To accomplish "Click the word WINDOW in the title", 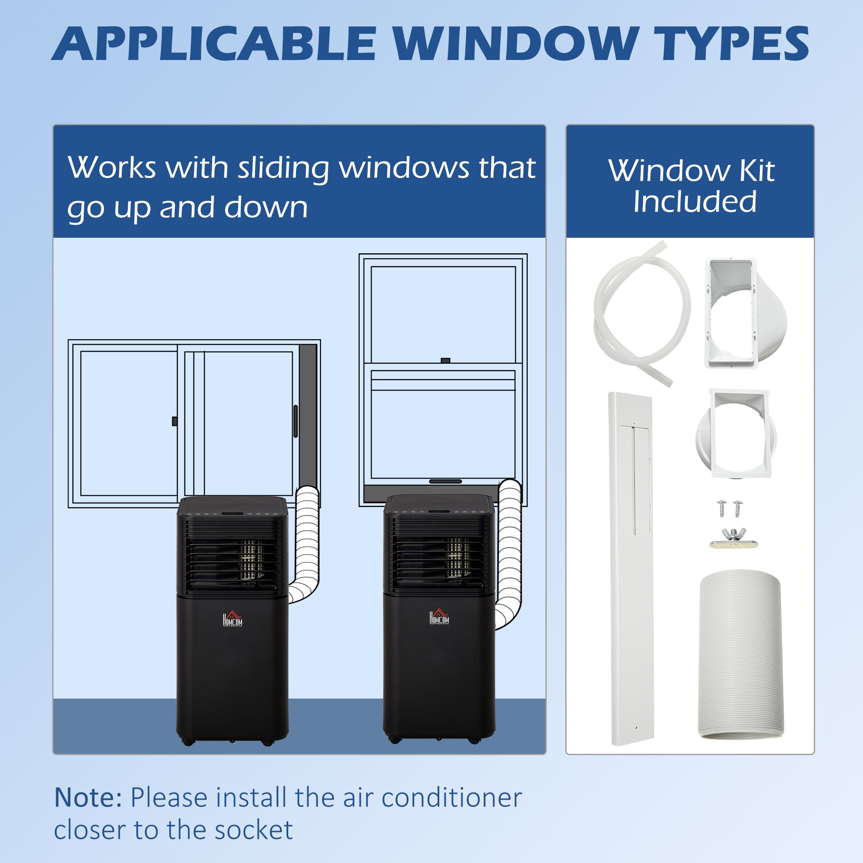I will [515, 44].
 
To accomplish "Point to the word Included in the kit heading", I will [695, 202].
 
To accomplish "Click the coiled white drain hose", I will [641, 313].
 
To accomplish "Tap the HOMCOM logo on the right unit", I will [439, 617].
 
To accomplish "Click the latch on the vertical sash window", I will [445, 360].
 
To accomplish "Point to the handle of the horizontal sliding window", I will [295, 421].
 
